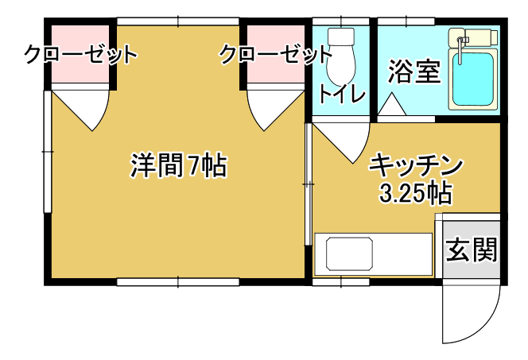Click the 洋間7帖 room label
tap(179, 165)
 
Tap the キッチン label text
tap(416, 165)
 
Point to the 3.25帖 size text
tap(415, 193)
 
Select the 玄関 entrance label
tap(471, 250)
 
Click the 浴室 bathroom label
tap(414, 72)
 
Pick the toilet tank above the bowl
tap(341, 37)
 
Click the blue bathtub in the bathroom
tap(473, 79)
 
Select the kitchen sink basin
tap(349, 254)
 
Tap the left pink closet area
tap(80, 54)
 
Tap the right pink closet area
tap(276, 54)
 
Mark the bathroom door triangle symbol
tap(391, 104)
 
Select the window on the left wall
tap(48, 152)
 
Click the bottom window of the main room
tap(178, 281)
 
